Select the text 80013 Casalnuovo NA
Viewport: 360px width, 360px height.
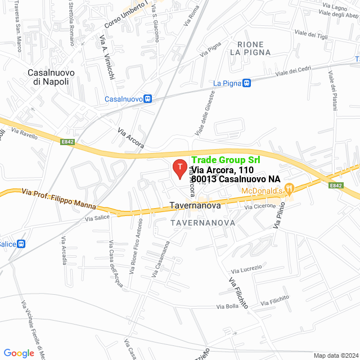pyautogui.click(x=236, y=179)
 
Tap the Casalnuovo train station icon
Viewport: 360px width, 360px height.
pyautogui.click(x=147, y=98)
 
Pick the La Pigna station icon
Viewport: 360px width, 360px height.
pyautogui.click(x=246, y=83)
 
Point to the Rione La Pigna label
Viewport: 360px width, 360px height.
pyautogui.click(x=250, y=48)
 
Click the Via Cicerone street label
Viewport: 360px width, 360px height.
pyautogui.click(x=260, y=206)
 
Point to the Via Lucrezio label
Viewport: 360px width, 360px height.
pyautogui.click(x=246, y=269)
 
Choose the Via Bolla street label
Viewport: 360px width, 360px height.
pyautogui.click(x=228, y=307)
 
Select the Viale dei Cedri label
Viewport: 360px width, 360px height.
pyautogui.click(x=292, y=71)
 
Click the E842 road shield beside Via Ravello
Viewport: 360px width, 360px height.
pyautogui.click(x=68, y=142)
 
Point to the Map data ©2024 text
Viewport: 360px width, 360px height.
pyautogui.click(x=335, y=355)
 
